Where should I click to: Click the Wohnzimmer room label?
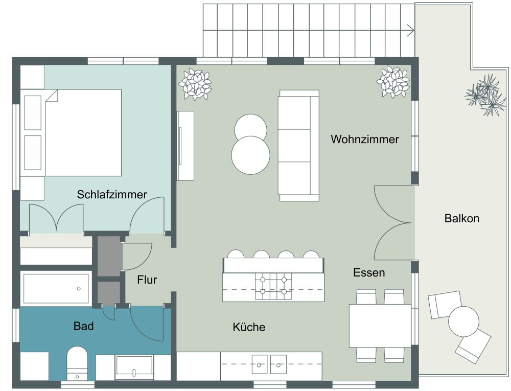364,139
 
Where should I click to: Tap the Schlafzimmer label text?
112,194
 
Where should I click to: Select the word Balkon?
461,219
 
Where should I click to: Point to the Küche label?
249,327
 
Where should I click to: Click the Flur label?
147,280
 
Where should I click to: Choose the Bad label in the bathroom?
83,326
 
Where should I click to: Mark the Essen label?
369,272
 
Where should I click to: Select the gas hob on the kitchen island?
273,286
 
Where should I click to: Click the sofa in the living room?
298,146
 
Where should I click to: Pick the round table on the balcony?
463,321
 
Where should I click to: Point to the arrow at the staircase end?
410,30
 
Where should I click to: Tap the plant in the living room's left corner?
195,84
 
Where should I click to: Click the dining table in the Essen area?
380,326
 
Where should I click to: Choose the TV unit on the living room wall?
185,146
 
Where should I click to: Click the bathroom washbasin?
134,366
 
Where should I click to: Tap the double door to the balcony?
393,223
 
